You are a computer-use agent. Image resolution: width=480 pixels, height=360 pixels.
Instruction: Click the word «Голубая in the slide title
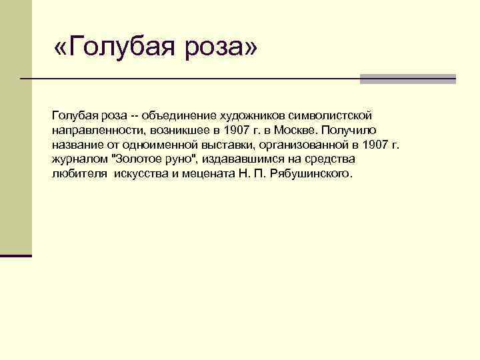114,47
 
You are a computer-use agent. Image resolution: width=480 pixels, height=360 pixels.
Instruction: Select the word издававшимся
239,159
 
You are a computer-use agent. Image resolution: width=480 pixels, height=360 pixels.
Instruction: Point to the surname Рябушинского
311,175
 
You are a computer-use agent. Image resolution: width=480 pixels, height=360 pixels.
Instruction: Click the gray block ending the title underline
407,79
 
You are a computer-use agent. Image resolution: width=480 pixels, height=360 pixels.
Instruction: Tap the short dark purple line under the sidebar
16,255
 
